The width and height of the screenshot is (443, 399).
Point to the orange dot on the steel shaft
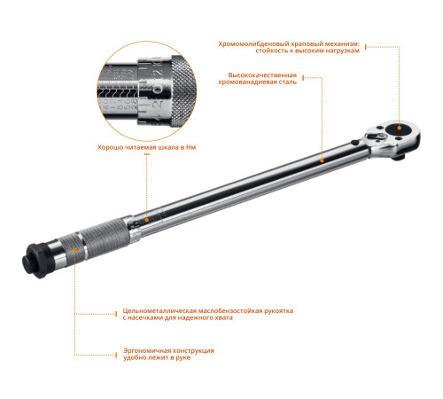click(323, 160)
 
